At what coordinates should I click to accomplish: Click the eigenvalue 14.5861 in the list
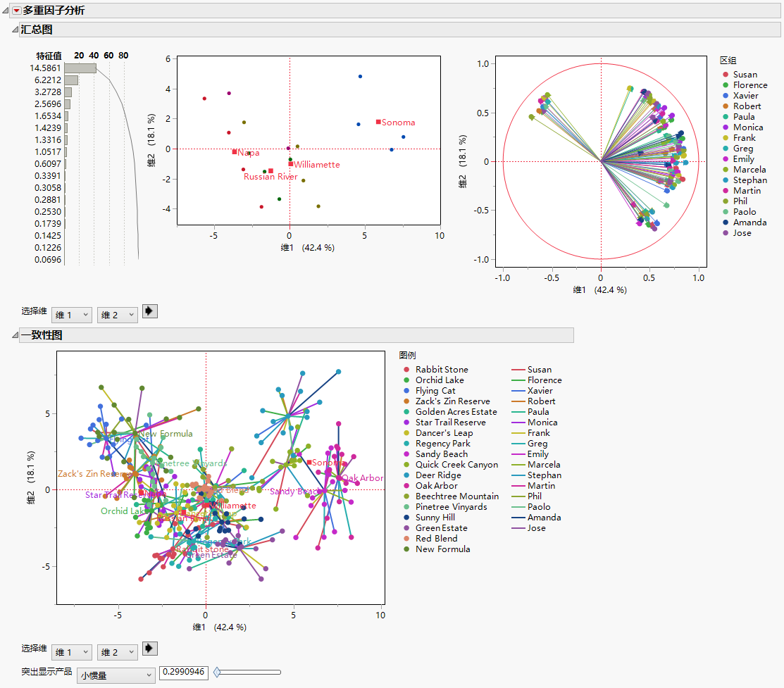[x=46, y=68]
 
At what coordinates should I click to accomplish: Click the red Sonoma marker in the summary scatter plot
[x=378, y=122]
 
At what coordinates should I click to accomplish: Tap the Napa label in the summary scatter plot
[x=249, y=153]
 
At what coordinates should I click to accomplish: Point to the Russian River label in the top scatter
[x=270, y=177]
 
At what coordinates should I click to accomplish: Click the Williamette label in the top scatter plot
[x=317, y=165]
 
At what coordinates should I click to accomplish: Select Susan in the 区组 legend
[x=745, y=75]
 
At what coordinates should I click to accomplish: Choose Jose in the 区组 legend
[x=742, y=233]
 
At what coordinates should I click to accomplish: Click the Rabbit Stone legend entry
[x=441, y=370]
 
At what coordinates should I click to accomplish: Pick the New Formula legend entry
[x=442, y=549]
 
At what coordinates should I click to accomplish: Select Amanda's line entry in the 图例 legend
[x=543, y=518]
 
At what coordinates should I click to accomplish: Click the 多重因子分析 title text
[x=54, y=11]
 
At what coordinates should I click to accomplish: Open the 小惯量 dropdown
[x=116, y=675]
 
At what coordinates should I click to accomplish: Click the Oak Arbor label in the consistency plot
[x=363, y=478]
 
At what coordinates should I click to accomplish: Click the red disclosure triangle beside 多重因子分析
[x=16, y=11]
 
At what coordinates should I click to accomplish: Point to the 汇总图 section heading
[x=37, y=30]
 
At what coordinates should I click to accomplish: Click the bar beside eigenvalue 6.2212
[x=71, y=80]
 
